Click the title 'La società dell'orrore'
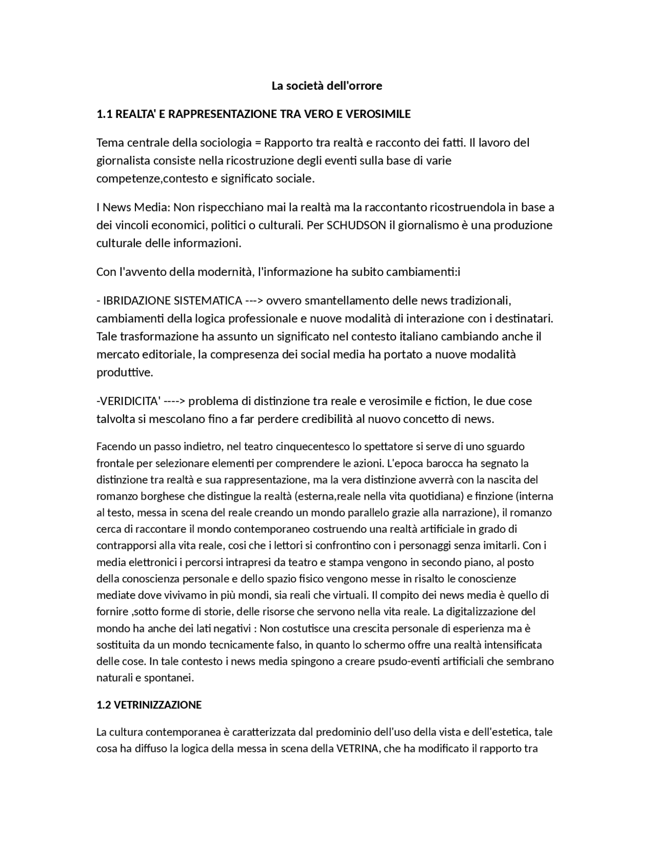pos(326,86)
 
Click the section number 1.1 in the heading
pos(104,114)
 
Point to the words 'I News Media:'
pos(133,207)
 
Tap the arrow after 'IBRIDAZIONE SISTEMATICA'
pos(254,300)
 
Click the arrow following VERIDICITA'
pos(174,401)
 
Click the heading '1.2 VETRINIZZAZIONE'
pos(149,705)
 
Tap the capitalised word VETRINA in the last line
pos(357,749)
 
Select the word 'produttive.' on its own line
pos(125,372)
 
